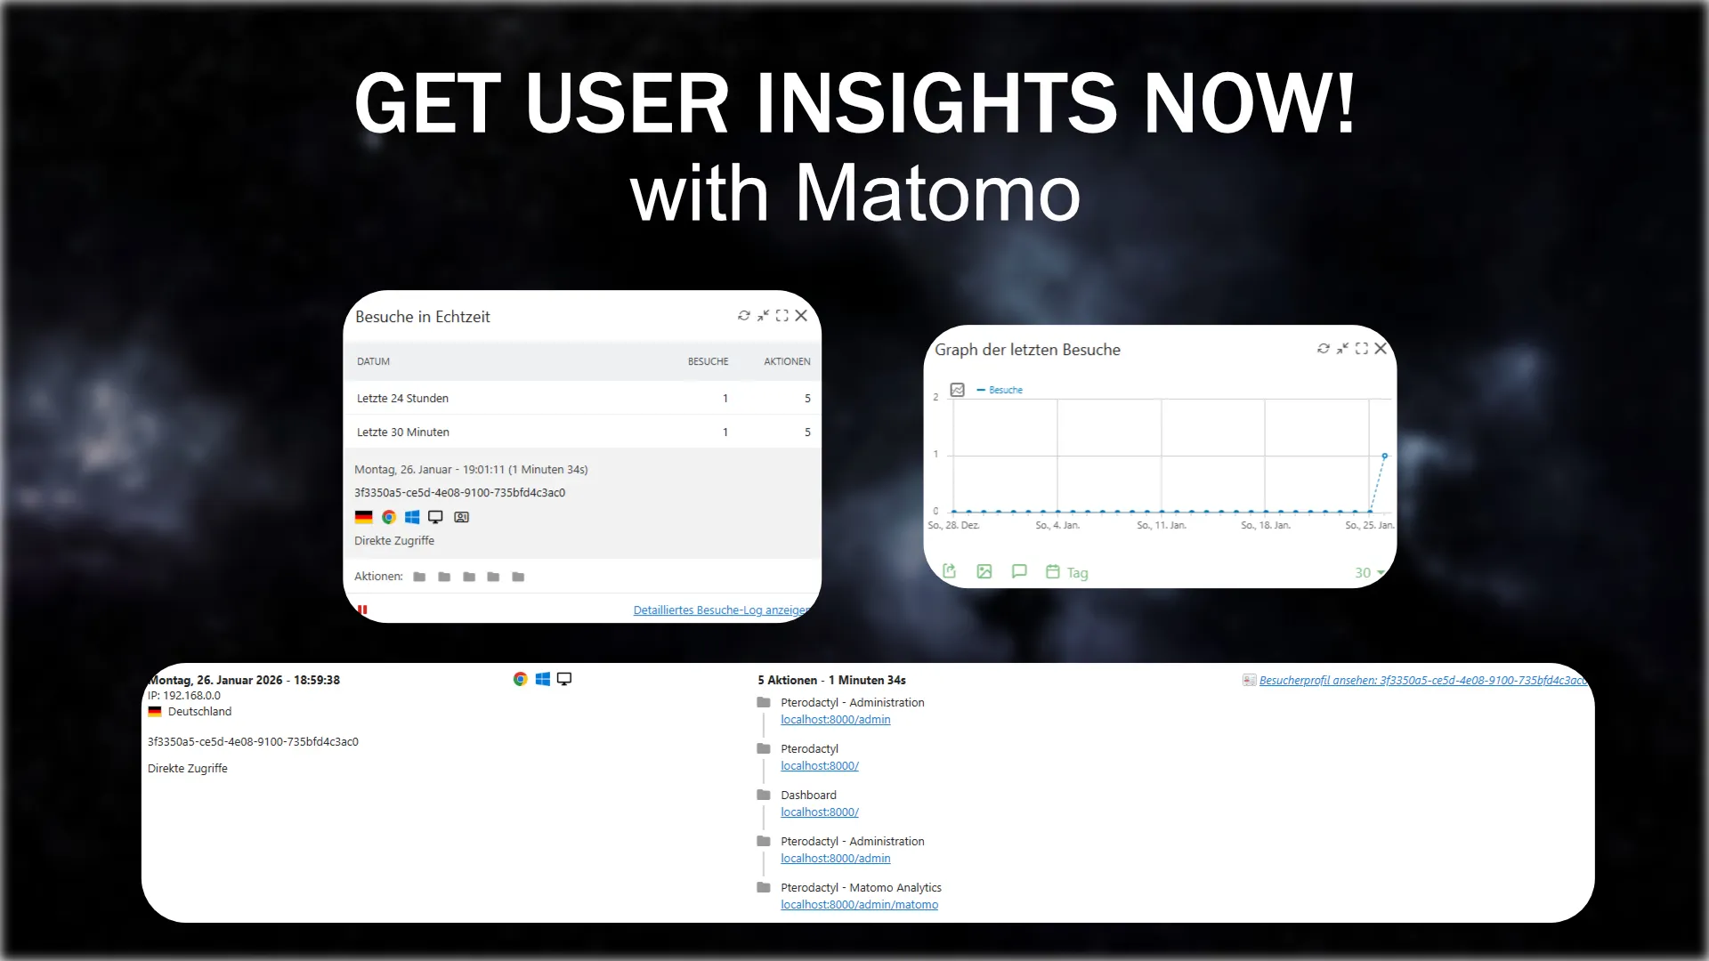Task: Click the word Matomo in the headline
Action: [936, 193]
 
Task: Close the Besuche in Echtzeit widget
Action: [801, 316]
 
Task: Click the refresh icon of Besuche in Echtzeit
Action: [744, 316]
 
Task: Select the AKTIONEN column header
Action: [787, 361]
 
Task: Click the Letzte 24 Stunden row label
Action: [402, 399]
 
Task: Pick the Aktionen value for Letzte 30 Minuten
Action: [807, 432]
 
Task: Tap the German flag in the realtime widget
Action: [363, 517]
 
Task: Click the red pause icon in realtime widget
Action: [362, 610]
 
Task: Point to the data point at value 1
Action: [1384, 456]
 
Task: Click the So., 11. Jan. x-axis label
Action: [1161, 526]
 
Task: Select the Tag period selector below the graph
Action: [1077, 573]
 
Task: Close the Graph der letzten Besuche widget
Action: [1381, 349]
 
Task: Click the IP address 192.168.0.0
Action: [191, 696]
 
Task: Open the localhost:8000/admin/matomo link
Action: [859, 905]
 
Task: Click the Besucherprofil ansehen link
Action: [1421, 681]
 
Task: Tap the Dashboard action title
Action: [808, 795]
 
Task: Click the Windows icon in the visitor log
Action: [542, 679]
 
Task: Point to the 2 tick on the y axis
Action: [935, 397]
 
